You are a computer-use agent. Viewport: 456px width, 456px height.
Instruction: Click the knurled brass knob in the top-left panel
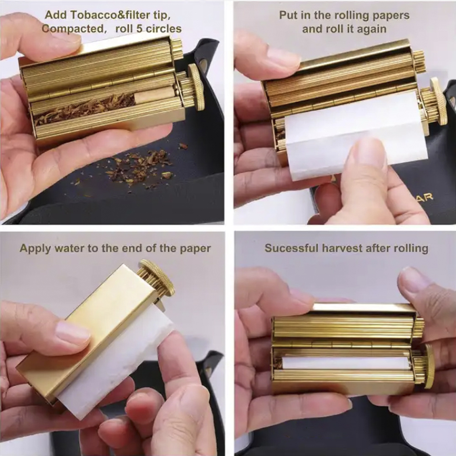pos(196,87)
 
